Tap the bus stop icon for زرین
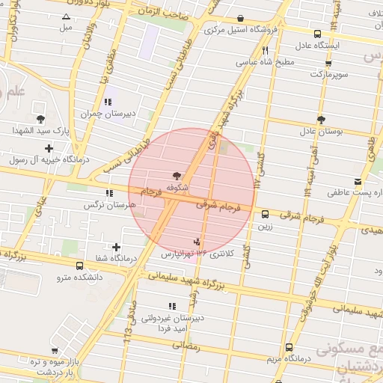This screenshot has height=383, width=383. [x=265, y=214]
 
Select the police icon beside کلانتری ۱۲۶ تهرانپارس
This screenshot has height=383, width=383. [x=197, y=242]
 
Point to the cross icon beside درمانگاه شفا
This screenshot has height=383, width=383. [x=116, y=247]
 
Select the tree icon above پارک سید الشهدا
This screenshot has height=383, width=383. [x=40, y=119]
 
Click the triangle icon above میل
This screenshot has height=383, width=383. [x=67, y=16]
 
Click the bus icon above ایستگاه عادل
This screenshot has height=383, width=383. [x=318, y=34]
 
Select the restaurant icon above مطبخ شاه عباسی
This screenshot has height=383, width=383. [x=265, y=50]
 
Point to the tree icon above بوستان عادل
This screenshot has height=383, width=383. [x=321, y=119]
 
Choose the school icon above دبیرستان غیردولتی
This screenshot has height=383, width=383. [x=172, y=306]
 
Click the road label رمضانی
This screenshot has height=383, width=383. [x=187, y=346]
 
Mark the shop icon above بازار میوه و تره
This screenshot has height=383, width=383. [x=55, y=351]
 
